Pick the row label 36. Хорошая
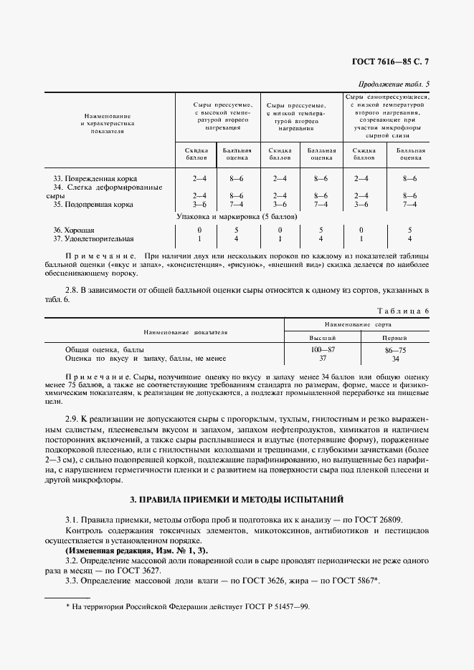pos(75,229)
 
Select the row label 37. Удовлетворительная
pos(95,238)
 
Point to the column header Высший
pos(322,337)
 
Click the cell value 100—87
pos(322,348)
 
